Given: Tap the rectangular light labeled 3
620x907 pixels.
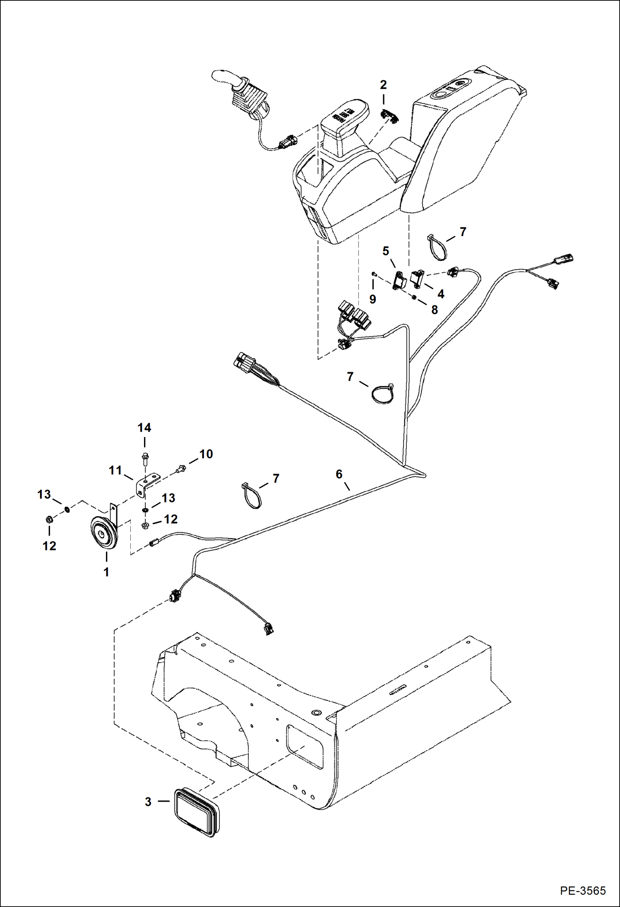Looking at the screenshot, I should tap(196, 812).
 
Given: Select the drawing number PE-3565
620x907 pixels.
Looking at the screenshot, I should tap(583, 890).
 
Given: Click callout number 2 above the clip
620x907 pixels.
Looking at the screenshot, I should tap(383, 85).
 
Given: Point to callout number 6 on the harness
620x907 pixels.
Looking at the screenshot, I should tap(339, 474).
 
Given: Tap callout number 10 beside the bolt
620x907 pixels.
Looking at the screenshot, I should tap(206, 454).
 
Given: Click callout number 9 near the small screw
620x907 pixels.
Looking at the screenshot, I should tap(372, 299).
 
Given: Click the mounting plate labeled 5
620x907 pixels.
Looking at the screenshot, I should tap(400, 280).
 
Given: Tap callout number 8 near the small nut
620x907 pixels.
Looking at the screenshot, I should tap(434, 310).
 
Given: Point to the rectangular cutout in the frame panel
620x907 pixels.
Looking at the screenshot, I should tap(305, 747).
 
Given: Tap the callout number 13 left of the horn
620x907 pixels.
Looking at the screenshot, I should tap(44, 494).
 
